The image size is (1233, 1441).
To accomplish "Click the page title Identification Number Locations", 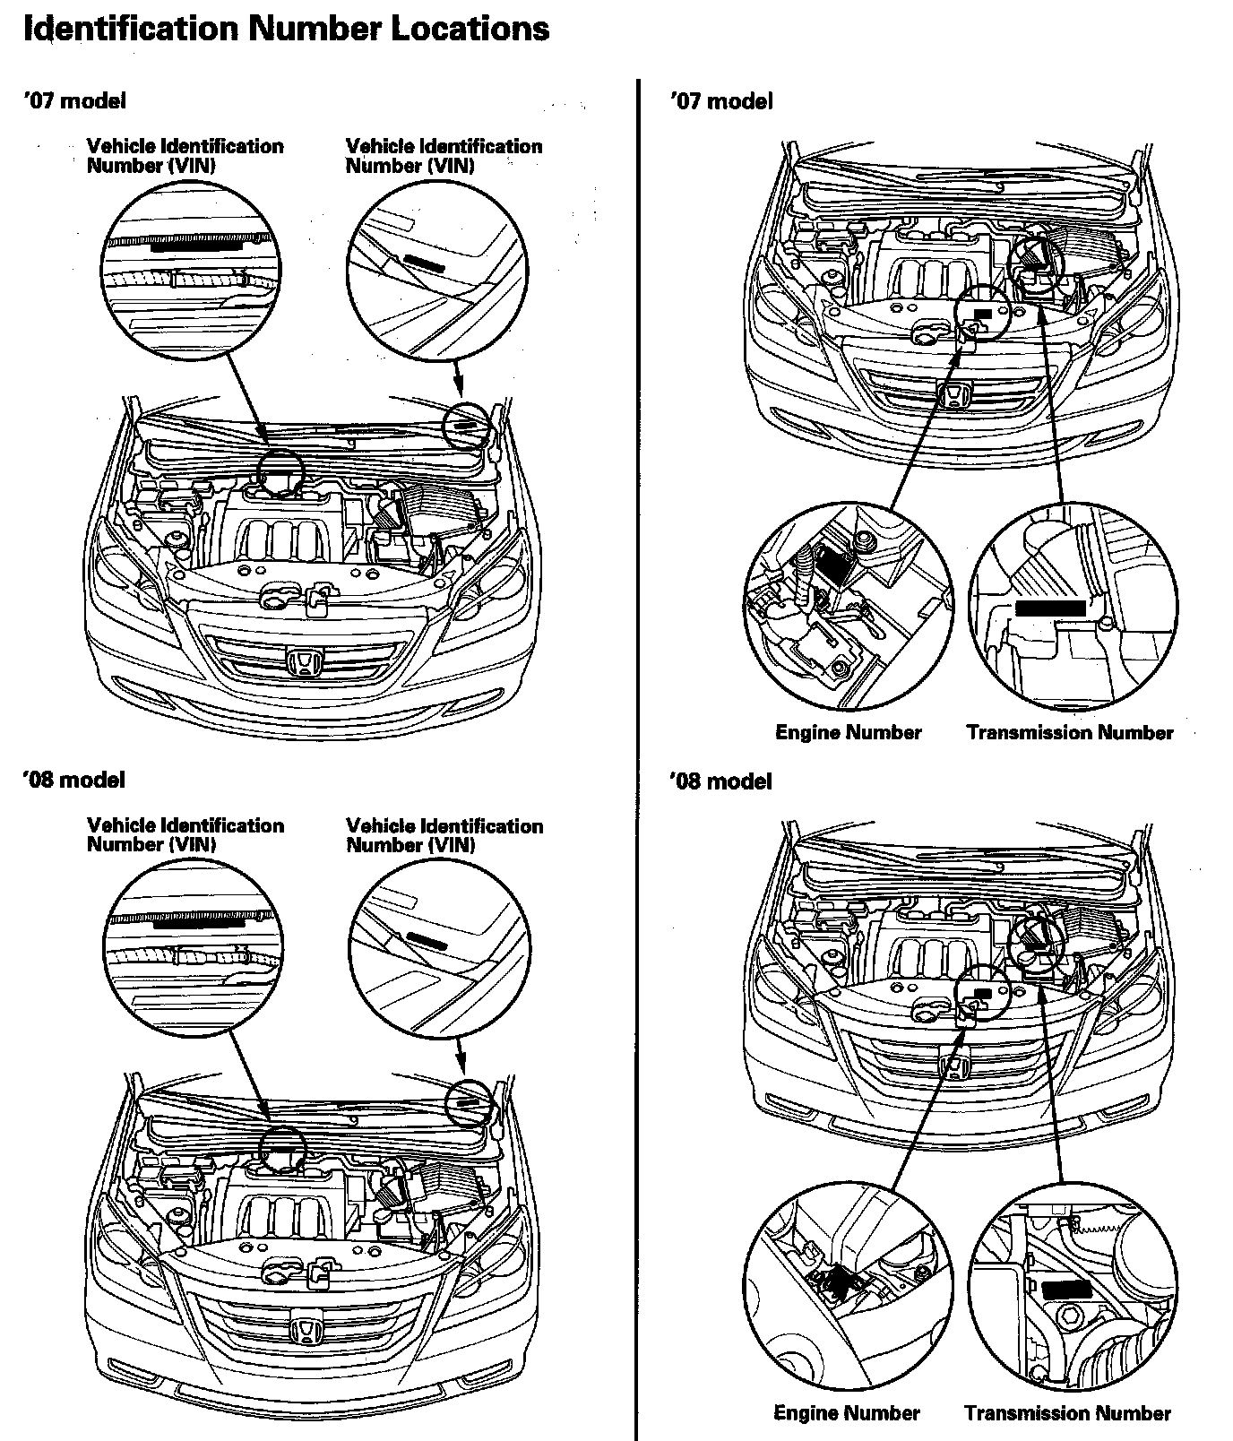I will pos(285,29).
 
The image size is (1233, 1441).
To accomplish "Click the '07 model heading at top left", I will pos(74,100).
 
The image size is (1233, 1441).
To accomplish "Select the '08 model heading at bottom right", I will pos(720,781).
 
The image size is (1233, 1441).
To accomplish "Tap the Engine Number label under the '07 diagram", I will pos(848,732).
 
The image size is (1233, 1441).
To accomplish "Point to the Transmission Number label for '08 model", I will pos(1067,1413).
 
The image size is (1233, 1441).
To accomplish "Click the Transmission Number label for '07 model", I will pos(1070,732).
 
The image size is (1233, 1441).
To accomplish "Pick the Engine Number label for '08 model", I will pos(847,1413).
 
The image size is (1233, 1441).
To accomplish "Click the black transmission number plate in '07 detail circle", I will pos(1051,608).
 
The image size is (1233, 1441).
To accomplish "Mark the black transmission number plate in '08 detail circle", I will pos(1066,1291).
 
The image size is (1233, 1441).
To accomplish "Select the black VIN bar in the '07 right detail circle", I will pos(424,261).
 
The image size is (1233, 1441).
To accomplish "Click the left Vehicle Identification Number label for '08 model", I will pos(185,834).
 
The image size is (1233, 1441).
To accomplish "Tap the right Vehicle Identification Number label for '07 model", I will pos(444,155).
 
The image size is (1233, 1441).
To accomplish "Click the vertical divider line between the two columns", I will pos(636,717).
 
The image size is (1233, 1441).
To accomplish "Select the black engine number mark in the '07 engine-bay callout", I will pos(983,314).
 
